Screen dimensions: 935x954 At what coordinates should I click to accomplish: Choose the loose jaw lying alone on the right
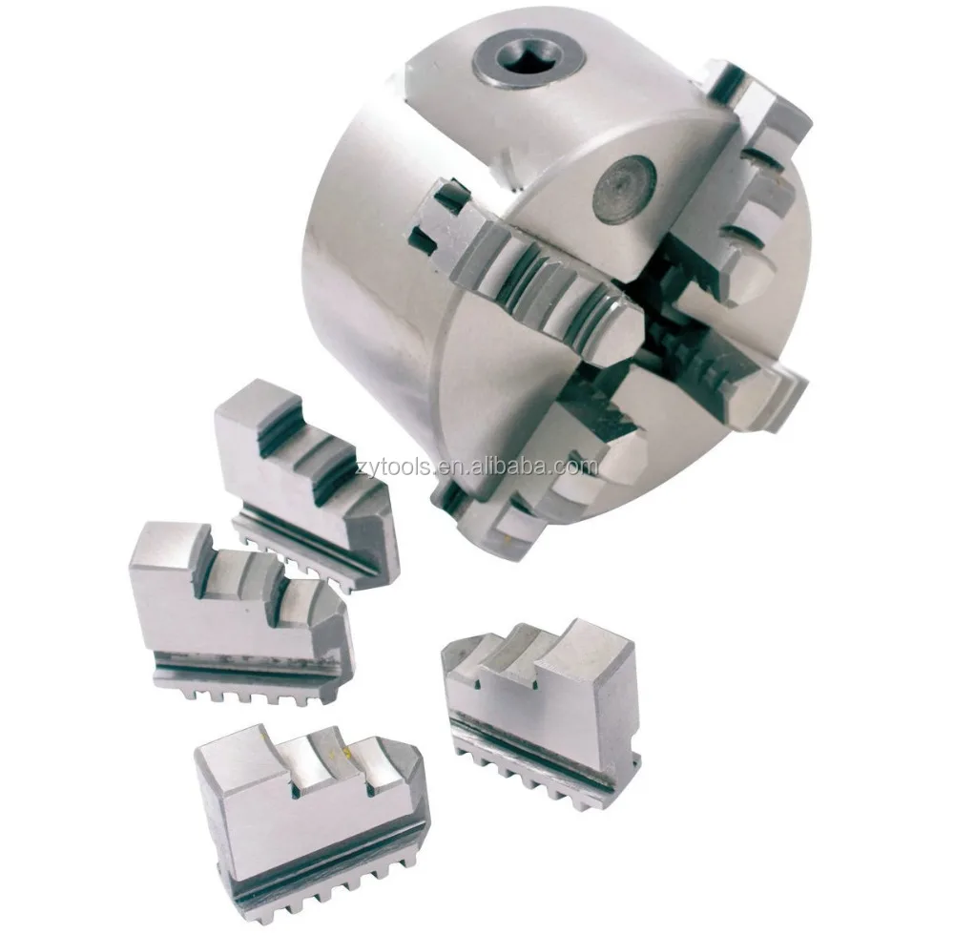[x=539, y=706]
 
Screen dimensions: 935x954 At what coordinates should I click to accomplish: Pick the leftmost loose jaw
[x=238, y=611]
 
